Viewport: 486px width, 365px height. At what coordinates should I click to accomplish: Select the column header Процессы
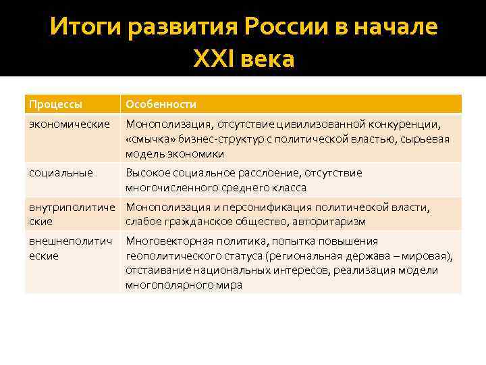point(56,104)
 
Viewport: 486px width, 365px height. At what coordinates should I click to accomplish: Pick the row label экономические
point(70,124)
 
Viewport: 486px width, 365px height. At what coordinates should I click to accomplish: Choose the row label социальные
point(61,172)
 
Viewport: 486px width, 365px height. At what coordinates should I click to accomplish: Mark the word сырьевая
point(426,139)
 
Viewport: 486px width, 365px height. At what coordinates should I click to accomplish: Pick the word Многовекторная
point(167,241)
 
